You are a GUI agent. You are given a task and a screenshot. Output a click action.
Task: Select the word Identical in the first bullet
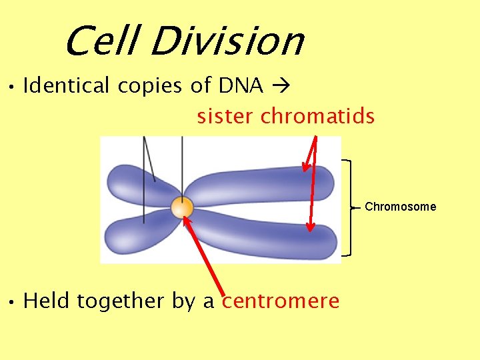[65, 86]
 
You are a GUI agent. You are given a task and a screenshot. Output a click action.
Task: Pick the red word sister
[225, 117]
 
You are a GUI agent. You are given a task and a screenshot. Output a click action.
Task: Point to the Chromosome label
[400, 207]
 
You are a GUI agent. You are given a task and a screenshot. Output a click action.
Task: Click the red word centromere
[281, 301]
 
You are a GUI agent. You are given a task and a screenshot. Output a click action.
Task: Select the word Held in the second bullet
[47, 301]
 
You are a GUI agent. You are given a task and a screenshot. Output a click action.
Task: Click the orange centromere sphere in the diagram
[181, 208]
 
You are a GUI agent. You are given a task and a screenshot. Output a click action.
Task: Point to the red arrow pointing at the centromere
[207, 257]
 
